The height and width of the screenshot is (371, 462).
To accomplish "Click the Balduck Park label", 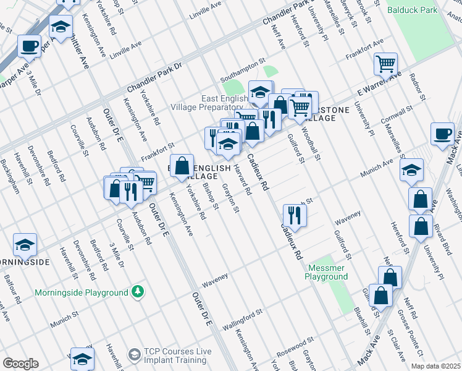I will (411, 10).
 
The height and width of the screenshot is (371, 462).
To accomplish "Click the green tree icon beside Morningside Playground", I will (139, 291).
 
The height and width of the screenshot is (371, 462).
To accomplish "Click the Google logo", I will (20, 364).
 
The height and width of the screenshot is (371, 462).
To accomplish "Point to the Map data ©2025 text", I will (435, 366).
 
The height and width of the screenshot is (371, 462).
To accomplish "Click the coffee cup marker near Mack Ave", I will (443, 135).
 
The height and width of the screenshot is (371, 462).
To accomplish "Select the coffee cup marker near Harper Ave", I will (29, 46).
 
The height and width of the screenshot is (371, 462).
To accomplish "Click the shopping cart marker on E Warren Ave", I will (385, 63).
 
